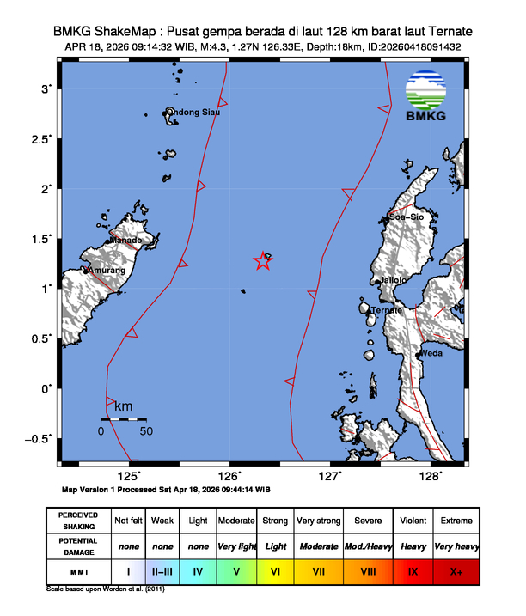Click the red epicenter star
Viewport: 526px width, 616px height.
[264, 262]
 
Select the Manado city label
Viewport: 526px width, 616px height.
[125, 241]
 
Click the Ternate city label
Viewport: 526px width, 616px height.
[387, 310]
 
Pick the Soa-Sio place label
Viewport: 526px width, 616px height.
[407, 217]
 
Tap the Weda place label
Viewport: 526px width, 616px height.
[431, 353]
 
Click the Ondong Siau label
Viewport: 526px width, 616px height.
[194, 112]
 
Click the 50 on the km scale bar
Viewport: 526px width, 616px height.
[146, 430]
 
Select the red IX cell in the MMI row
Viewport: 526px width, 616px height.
[413, 570]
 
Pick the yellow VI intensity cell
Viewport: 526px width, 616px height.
[276, 570]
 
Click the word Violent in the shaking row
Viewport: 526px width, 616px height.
[413, 521]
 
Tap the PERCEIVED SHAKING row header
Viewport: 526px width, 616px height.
[78, 521]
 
